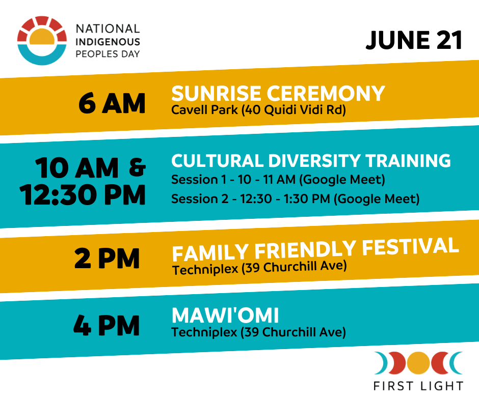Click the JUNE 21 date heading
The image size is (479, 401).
pyautogui.click(x=414, y=40)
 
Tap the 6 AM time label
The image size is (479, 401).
pyautogui.click(x=112, y=103)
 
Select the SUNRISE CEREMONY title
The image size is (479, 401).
pyautogui.click(x=278, y=93)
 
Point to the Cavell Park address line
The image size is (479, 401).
pyautogui.click(x=258, y=110)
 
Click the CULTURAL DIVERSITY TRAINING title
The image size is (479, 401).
pyautogui.click(x=311, y=160)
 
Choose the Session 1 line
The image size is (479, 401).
pyautogui.click(x=278, y=180)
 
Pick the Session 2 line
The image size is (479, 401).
pyautogui.click(x=296, y=199)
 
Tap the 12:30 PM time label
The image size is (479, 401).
pyautogui.click(x=83, y=195)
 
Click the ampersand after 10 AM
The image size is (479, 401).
pyautogui.click(x=137, y=167)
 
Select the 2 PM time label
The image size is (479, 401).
pyautogui.click(x=107, y=259)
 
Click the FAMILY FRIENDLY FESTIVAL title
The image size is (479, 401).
pyautogui.click(x=315, y=250)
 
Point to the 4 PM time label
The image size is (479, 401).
pyautogui.click(x=107, y=326)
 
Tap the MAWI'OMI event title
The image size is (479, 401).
pyautogui.click(x=225, y=315)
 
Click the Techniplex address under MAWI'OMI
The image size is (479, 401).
pyautogui.click(x=258, y=332)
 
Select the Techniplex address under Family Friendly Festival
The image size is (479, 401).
pyautogui.click(x=259, y=268)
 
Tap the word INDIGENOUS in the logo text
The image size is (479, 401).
pyautogui.click(x=108, y=42)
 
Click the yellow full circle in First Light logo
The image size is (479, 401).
pyautogui.click(x=418, y=363)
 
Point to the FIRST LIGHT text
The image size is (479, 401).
pyautogui.click(x=418, y=386)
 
